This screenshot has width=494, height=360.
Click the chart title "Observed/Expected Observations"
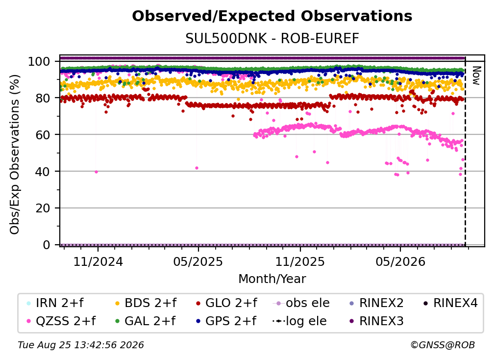click(x=272, y=16)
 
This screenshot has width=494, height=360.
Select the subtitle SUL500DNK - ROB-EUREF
click(x=272, y=39)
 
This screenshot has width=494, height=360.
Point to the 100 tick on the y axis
click(x=39, y=61)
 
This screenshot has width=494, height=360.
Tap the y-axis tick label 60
click(x=43, y=135)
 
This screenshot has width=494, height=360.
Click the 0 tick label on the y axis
click(x=47, y=245)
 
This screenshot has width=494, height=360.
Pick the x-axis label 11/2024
click(x=98, y=261)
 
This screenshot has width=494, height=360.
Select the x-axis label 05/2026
click(x=400, y=261)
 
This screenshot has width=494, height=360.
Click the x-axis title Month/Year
click(x=272, y=279)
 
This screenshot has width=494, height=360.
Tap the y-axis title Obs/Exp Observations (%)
click(x=15, y=154)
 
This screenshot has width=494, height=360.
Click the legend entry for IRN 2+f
click(x=55, y=303)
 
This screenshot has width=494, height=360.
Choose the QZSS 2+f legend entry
click(x=61, y=321)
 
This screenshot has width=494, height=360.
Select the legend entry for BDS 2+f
click(x=146, y=303)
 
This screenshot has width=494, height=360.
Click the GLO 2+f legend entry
click(x=226, y=303)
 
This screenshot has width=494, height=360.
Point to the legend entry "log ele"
click(x=299, y=321)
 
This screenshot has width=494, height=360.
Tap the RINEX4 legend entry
click(x=450, y=303)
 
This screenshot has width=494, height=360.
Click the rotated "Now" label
click(x=476, y=76)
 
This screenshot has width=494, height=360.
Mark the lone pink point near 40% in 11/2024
click(x=96, y=172)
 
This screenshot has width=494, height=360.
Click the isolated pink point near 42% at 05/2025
click(x=197, y=168)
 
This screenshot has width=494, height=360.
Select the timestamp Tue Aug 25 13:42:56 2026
click(x=81, y=345)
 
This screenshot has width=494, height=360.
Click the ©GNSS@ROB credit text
click(x=443, y=345)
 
